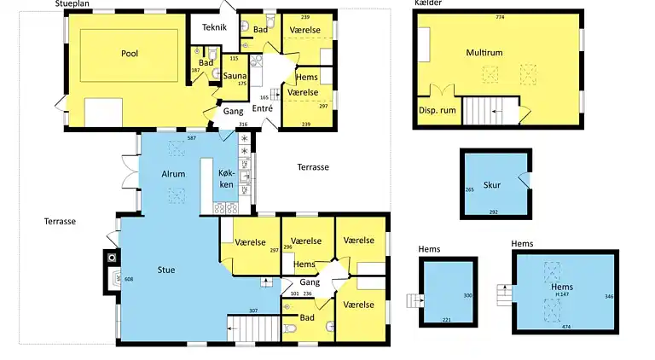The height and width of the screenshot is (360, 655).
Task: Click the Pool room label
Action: tap(130, 53)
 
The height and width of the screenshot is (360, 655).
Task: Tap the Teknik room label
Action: tap(214, 27)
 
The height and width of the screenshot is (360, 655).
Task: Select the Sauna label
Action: tap(235, 76)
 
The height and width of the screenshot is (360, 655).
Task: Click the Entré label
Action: tap(263, 108)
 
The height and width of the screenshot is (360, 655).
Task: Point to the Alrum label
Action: tap(173, 174)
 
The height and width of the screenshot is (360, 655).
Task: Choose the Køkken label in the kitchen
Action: tap(226, 178)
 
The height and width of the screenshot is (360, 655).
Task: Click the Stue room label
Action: tap(166, 270)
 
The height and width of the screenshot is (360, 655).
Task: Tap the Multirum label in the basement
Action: tap(484, 53)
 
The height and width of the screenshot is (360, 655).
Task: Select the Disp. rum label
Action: tap(435, 111)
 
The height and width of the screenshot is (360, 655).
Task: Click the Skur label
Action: tap(491, 184)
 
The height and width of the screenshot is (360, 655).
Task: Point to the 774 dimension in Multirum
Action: tap(500, 17)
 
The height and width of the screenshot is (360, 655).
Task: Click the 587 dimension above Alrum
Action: tap(192, 137)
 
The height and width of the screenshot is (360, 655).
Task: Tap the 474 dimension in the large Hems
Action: tap(565, 326)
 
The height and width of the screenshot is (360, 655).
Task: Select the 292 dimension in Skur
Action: tap(493, 212)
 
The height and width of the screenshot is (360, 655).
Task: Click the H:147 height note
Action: tap(562, 295)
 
